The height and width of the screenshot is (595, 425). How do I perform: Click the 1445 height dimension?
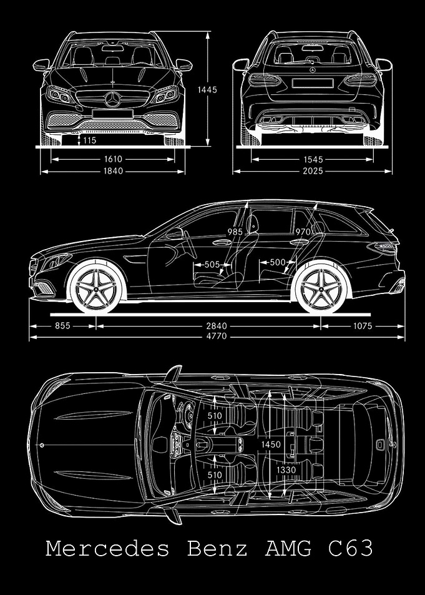207,90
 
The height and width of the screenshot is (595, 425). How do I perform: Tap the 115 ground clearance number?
89,140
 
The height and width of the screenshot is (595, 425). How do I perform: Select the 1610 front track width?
113,159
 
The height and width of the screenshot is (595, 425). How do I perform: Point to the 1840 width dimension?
113,171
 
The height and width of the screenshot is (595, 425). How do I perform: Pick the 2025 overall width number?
313,171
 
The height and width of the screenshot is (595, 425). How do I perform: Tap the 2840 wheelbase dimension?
217,326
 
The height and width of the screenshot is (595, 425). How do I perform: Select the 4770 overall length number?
217,336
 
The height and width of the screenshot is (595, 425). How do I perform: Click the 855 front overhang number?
62,326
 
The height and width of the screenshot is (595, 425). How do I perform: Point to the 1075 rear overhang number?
363,326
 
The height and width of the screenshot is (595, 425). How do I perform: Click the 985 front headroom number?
235,232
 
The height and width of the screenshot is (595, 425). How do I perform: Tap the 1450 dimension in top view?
271,445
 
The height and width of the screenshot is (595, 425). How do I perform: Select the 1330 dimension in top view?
286,470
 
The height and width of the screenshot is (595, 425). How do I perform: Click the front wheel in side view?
96,288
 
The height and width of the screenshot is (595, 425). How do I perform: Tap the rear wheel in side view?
321,288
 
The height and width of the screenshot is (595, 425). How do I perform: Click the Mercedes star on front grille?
113,99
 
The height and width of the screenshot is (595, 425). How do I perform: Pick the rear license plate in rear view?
313,82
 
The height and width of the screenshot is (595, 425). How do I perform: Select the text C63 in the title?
350,549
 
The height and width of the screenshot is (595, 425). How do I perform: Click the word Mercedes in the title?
107,549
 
